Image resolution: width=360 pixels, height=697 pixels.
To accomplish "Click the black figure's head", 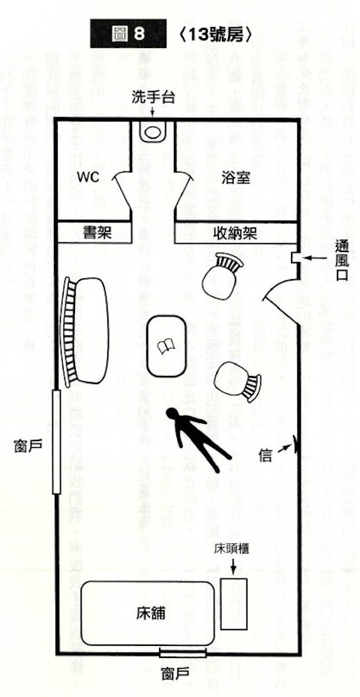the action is click(x=172, y=414).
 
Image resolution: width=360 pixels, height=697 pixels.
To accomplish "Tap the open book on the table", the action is click(x=167, y=346).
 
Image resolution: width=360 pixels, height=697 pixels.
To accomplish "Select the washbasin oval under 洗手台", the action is click(x=153, y=132).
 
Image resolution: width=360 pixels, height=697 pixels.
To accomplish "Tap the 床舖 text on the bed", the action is click(x=149, y=614).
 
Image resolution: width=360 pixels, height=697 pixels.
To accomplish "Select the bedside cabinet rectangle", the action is click(x=234, y=604).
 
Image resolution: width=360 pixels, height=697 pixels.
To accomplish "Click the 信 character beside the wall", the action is click(x=265, y=455).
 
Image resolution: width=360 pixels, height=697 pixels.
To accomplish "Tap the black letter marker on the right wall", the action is click(x=294, y=444).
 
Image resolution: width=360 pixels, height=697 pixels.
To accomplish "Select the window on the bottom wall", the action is click(x=183, y=653).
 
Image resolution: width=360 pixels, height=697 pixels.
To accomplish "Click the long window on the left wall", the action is click(x=56, y=441).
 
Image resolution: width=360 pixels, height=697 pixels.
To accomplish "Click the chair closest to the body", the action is click(x=237, y=381).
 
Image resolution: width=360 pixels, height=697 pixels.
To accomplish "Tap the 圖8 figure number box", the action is click(x=128, y=34).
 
